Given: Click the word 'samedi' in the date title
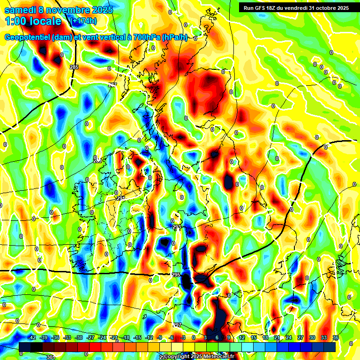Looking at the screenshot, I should click(x=22, y=10).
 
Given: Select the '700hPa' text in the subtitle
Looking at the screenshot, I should click(x=143, y=37).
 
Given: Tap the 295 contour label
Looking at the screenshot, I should click(x=176, y=275).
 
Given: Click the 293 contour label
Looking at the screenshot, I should click(x=177, y=227).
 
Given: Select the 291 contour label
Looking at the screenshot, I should click(x=121, y=199).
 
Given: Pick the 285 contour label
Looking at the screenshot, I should click(x=74, y=67).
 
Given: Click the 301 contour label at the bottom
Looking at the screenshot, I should click(x=51, y=357).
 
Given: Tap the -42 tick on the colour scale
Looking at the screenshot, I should click(x=32, y=337).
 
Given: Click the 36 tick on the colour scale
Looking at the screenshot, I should click(x=336, y=337).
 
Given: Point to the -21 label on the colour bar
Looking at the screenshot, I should click(x=114, y=337).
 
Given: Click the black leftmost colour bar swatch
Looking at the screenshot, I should click(x=25, y=347).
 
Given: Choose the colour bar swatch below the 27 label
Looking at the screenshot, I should click(x=300, y=347).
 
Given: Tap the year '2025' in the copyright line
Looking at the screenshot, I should click(x=196, y=357).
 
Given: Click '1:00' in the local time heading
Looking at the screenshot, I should click(x=16, y=22).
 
